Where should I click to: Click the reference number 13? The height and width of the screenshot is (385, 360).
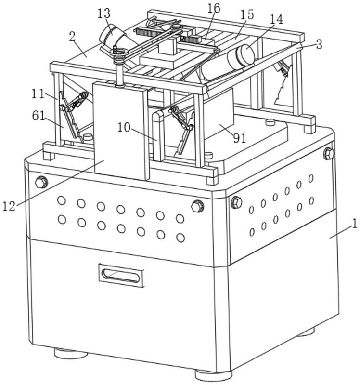[104, 13]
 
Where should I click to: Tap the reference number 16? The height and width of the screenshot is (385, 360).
[214, 8]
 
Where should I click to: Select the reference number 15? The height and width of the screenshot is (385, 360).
[247, 15]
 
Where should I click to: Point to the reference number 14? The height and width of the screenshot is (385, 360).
[277, 19]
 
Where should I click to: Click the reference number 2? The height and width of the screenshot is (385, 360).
[72, 37]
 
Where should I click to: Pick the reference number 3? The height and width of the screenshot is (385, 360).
[319, 44]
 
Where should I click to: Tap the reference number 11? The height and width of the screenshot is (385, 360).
[38, 94]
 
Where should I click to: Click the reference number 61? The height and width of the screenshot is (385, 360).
[39, 116]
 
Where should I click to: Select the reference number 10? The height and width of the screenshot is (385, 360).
[124, 127]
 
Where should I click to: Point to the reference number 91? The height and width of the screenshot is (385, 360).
[239, 138]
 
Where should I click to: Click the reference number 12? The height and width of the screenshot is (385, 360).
[9, 206]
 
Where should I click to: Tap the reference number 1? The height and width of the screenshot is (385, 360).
[355, 224]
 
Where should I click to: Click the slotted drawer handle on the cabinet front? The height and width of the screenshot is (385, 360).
[121, 276]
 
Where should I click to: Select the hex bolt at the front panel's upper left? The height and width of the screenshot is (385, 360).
[41, 182]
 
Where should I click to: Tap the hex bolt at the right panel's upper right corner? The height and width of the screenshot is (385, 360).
[329, 154]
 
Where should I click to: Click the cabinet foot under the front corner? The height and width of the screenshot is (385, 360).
[213, 375]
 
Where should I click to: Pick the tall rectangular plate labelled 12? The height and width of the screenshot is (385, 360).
[121, 131]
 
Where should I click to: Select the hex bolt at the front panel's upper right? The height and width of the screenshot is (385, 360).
[197, 206]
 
